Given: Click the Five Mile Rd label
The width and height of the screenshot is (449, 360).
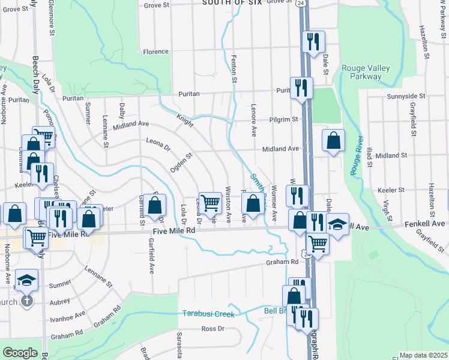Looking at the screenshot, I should pyautogui.click(x=174, y=230).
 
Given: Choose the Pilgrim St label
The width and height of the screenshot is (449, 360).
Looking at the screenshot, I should pyautogui.click(x=283, y=119).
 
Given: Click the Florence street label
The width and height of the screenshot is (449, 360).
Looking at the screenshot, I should pyautogui.click(x=155, y=52).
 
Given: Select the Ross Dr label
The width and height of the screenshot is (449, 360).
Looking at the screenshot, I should pyautogui.click(x=212, y=328).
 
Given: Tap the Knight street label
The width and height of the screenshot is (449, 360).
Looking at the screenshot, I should pyautogui.click(x=184, y=121).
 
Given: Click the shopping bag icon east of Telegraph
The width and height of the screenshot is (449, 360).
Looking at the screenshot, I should pyautogui.click(x=333, y=142).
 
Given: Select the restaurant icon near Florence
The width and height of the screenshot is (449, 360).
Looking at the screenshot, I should pyautogui.click(x=313, y=42).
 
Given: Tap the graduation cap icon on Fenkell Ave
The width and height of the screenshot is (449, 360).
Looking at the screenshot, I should pyautogui.click(x=337, y=225).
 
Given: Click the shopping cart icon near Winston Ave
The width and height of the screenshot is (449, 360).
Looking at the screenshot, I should pyautogui.click(x=210, y=204).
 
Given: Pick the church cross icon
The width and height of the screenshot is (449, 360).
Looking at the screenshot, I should pyautogui.click(x=27, y=301).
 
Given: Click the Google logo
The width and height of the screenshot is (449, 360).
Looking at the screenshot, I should pyautogui.click(x=20, y=353).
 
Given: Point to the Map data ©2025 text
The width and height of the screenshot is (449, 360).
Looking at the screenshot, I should pyautogui.click(x=423, y=355).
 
